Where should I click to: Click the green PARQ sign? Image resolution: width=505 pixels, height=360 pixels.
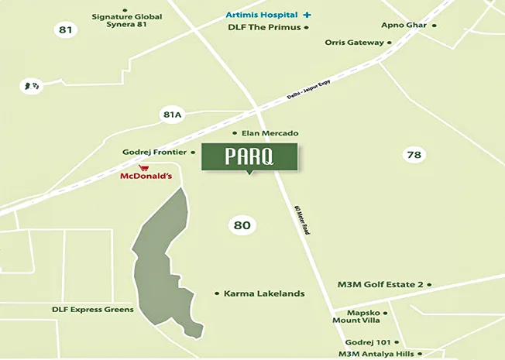pos(250,156)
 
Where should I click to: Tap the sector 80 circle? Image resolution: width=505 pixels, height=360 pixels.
pos(242,225)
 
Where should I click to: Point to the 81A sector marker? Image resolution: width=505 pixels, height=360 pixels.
pos(171,115)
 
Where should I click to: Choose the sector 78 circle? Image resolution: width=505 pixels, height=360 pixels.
pos(414,155)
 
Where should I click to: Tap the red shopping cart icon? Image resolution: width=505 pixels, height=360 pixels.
pos(143,166)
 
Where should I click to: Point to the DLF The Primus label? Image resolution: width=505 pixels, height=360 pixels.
pos(264,27)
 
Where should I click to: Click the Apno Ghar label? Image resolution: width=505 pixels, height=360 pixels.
pos(405,26)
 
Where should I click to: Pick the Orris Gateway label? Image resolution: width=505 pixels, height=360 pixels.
pos(354,43)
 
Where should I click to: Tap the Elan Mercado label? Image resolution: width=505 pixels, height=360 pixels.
pos(270,133)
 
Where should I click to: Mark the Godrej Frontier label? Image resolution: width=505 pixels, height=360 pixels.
pos(155,153)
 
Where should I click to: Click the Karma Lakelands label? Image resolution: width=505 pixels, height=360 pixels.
pos(263,293)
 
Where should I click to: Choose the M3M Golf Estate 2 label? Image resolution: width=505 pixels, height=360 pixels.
pos(380,284)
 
